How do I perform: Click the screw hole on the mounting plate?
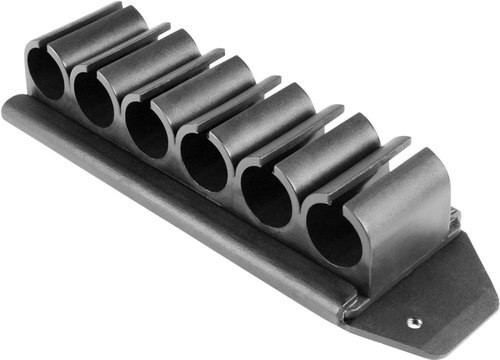pyautogui.click(x=413, y=322)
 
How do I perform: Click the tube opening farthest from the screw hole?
pyautogui.click(x=44, y=73)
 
